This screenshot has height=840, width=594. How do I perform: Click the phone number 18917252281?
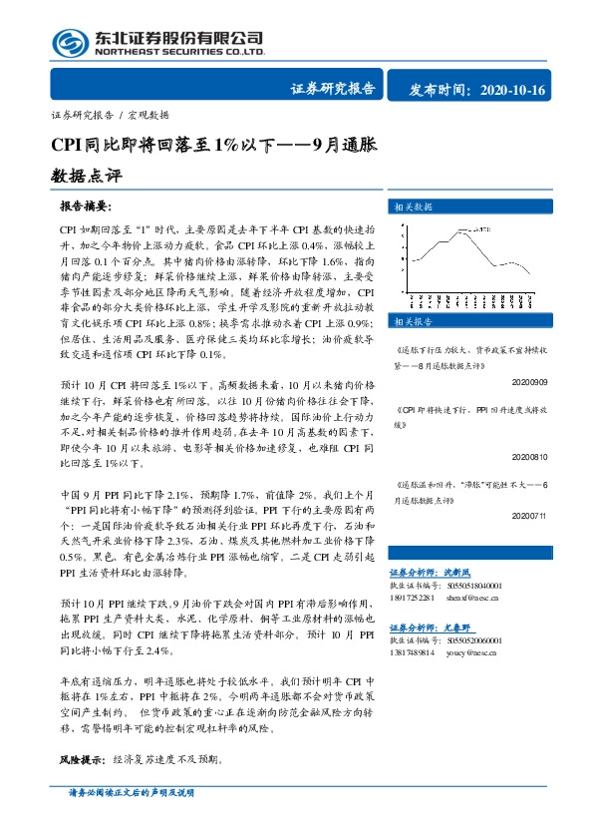click(412, 599)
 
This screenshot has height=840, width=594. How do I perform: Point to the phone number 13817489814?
click(412, 652)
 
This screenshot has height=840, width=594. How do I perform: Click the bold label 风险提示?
click(81, 759)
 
